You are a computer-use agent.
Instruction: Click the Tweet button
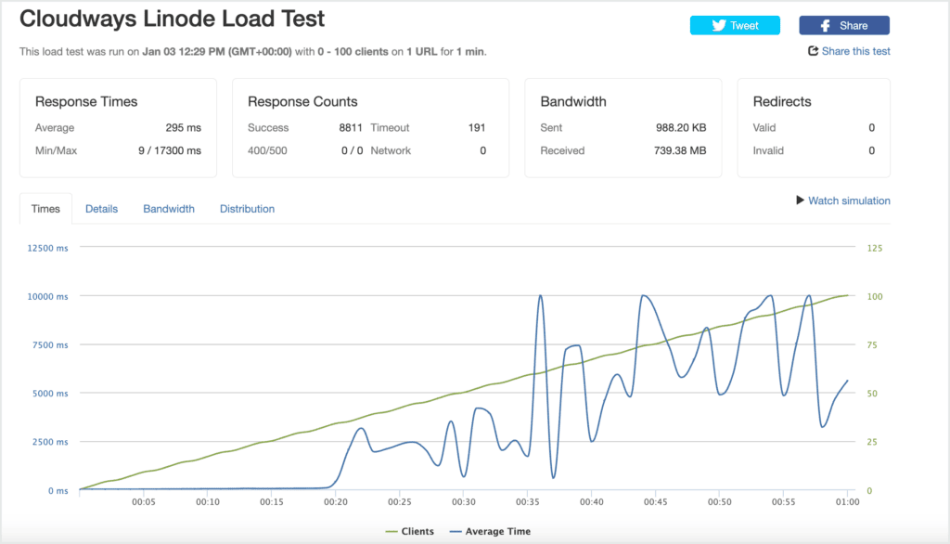tap(735, 25)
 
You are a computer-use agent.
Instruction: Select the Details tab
tap(101, 209)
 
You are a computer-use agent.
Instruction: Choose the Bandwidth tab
tap(169, 209)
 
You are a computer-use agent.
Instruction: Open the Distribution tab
tap(247, 209)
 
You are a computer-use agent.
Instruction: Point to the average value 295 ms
tap(183, 128)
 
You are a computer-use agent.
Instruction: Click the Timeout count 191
tap(477, 128)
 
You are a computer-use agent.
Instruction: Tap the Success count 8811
tap(350, 128)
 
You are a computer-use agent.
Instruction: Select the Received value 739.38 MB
tap(680, 150)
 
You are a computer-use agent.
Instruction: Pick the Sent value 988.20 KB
tap(681, 128)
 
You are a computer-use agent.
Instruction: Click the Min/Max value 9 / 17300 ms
tap(170, 150)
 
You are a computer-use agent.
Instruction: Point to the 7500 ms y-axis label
tap(50, 345)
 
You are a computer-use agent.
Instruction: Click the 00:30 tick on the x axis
tap(464, 501)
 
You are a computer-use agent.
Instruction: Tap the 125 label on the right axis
tap(874, 248)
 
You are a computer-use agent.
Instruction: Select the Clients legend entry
tap(409, 531)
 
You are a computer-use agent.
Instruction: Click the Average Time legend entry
tap(490, 531)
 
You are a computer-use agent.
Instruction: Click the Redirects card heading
tap(781, 102)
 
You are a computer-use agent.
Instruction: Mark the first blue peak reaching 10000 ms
tap(541, 296)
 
